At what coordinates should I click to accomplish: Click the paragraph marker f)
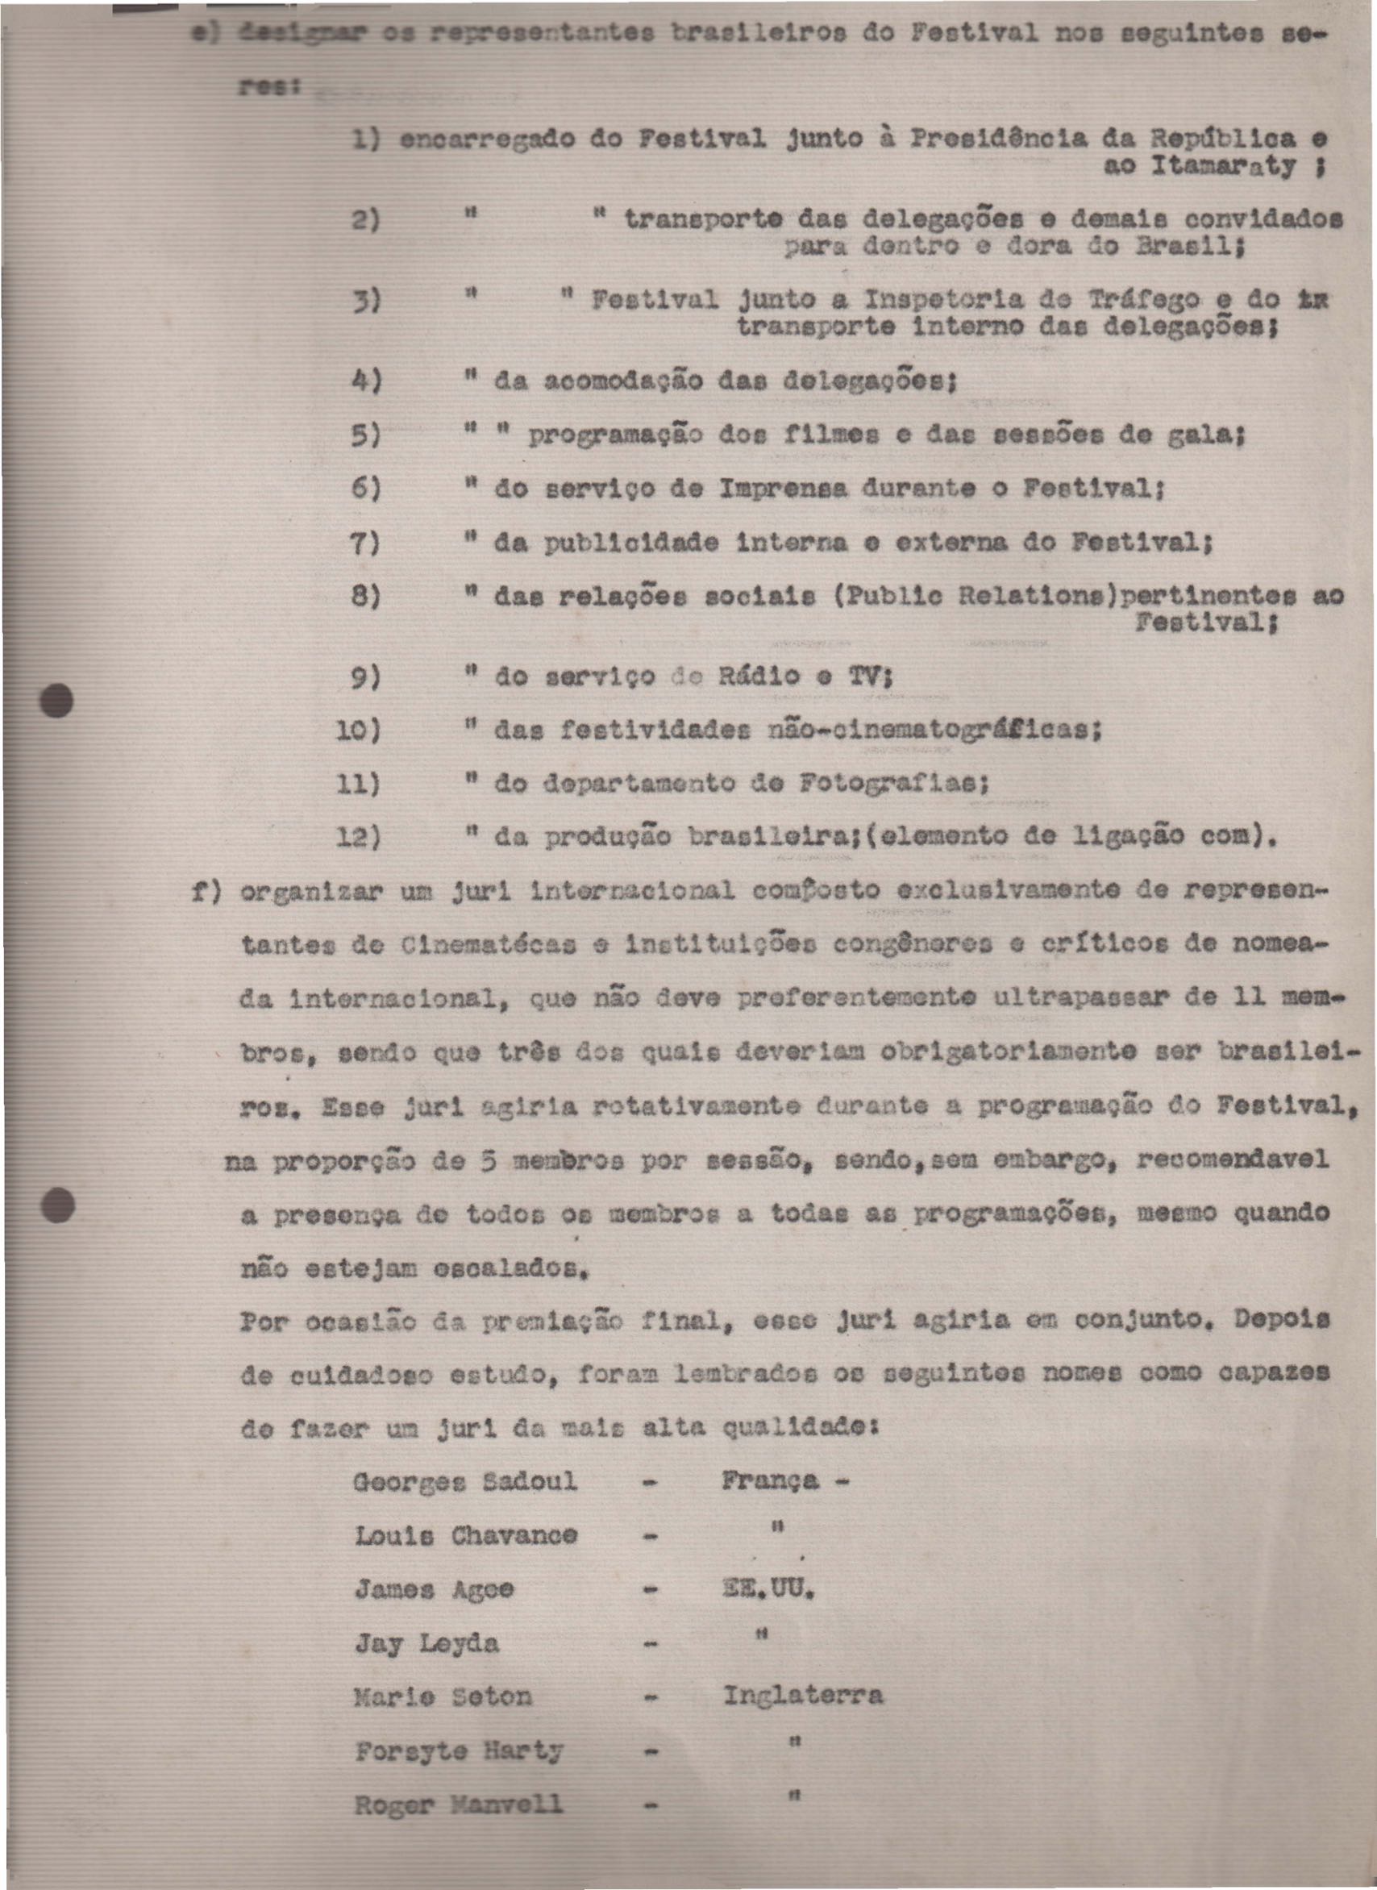click(x=206, y=891)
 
